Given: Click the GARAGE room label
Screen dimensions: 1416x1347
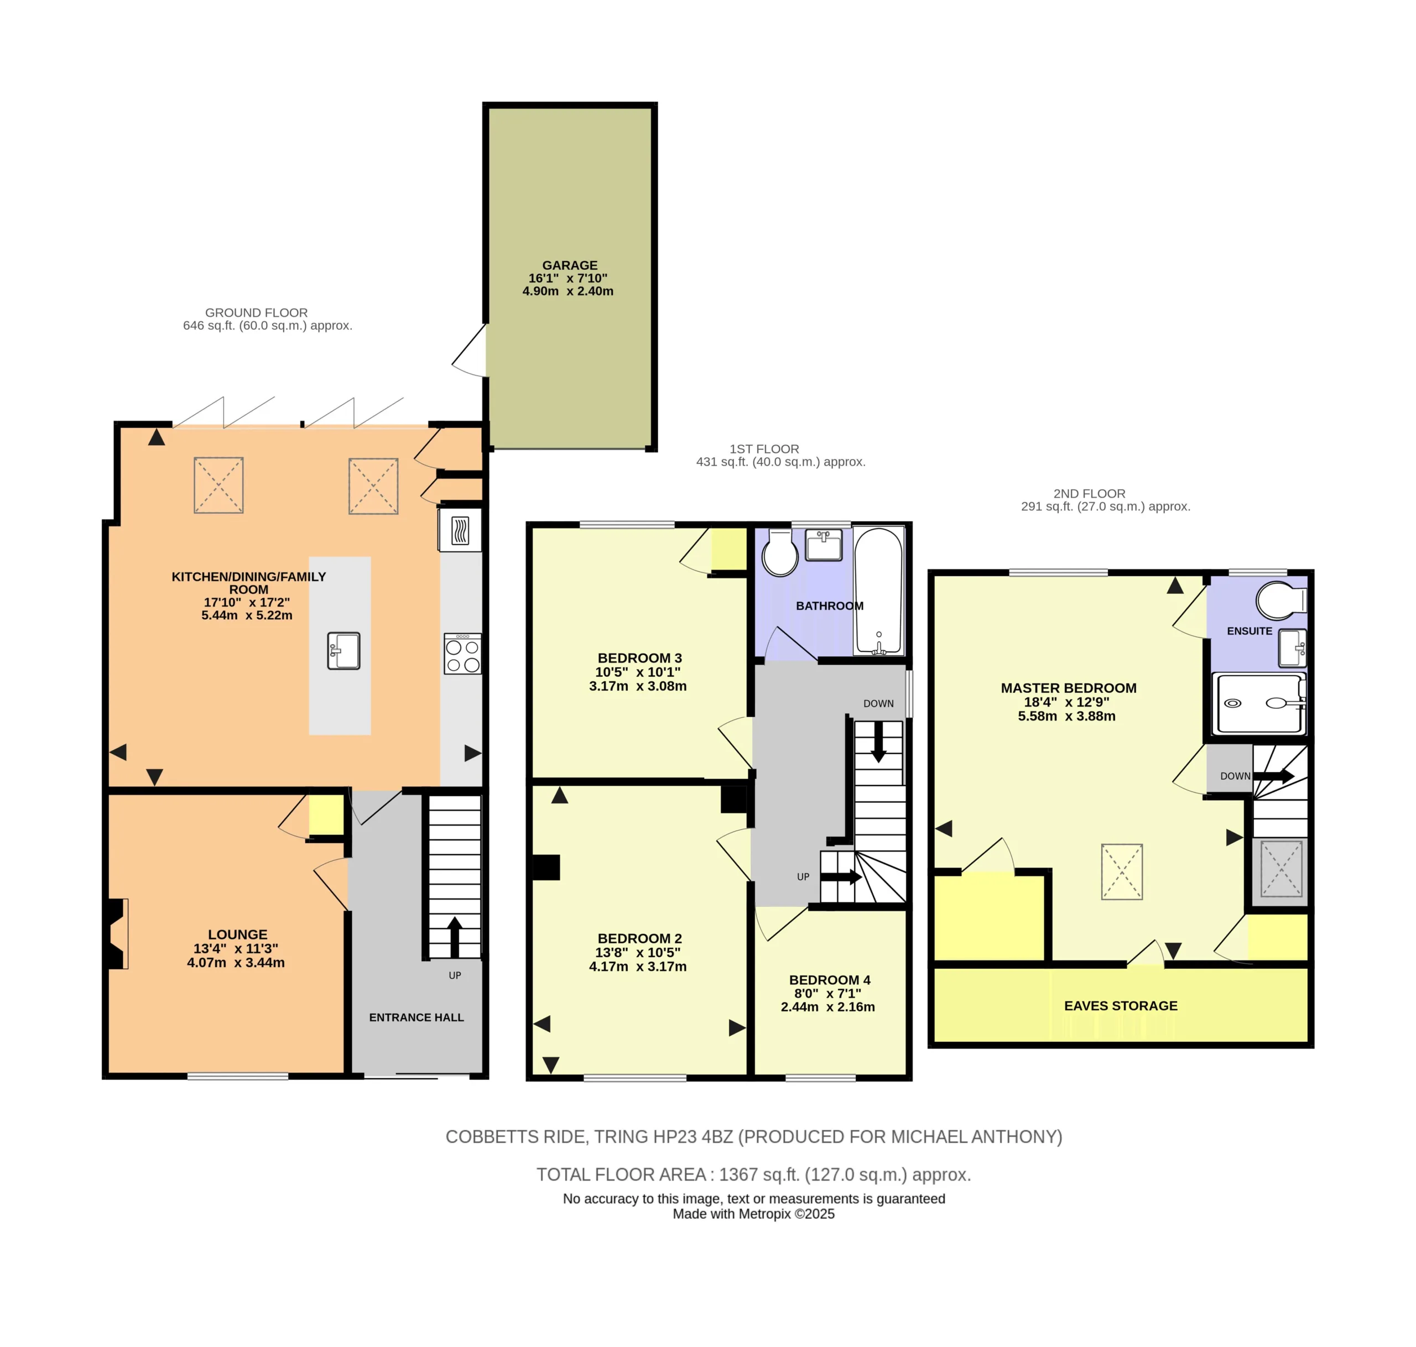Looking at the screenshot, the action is [569, 265].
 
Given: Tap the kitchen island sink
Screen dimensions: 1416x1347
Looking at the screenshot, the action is [343, 650].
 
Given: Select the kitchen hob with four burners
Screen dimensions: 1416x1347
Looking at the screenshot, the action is [462, 654].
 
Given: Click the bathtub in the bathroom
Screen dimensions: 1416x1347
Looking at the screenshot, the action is [878, 591].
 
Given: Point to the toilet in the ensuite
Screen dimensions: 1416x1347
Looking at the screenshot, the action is [1281, 601].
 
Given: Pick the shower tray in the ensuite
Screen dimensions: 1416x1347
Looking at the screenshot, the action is [1259, 704].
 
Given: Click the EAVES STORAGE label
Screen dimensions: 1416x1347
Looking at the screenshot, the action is [1120, 1006].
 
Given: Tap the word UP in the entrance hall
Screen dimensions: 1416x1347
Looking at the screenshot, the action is [455, 975].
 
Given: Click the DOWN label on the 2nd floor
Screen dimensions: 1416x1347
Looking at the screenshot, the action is [1235, 776].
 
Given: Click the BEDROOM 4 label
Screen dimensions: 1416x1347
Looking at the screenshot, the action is [829, 980].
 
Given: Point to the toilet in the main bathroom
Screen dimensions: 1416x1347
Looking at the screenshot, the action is [780, 553].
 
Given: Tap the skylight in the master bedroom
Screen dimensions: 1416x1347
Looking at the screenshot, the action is [1122, 871].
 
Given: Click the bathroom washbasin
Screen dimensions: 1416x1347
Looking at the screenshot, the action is [824, 545].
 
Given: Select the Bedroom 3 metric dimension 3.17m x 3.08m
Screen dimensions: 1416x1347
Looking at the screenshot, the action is [638, 686].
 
